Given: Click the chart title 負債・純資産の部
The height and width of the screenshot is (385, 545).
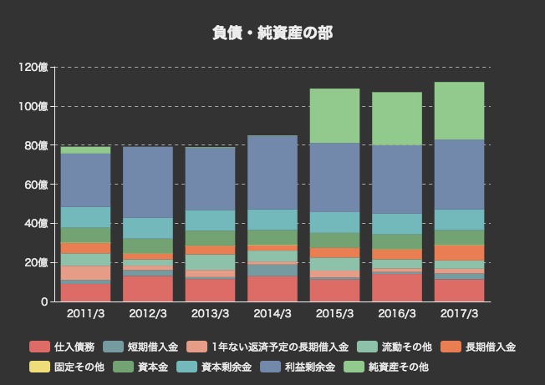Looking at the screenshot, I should tap(272, 33).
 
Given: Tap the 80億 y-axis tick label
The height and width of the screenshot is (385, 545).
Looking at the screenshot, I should tap(36, 145).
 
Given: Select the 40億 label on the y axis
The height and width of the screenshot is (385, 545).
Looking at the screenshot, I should tap(36, 224).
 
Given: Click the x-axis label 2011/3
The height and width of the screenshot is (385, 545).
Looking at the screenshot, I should tap(86, 314).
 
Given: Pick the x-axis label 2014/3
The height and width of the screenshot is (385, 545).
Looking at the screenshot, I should tap(272, 314).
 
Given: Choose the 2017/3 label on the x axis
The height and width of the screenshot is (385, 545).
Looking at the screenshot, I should tap(459, 314).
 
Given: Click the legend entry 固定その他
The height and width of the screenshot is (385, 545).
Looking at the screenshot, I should tap(79, 367).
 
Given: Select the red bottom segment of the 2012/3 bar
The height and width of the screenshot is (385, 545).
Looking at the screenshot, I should tap(149, 288).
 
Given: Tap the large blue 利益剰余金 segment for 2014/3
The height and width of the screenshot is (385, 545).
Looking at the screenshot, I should tap(272, 172).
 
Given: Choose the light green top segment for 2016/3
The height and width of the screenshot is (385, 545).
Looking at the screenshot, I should tap(397, 119).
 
